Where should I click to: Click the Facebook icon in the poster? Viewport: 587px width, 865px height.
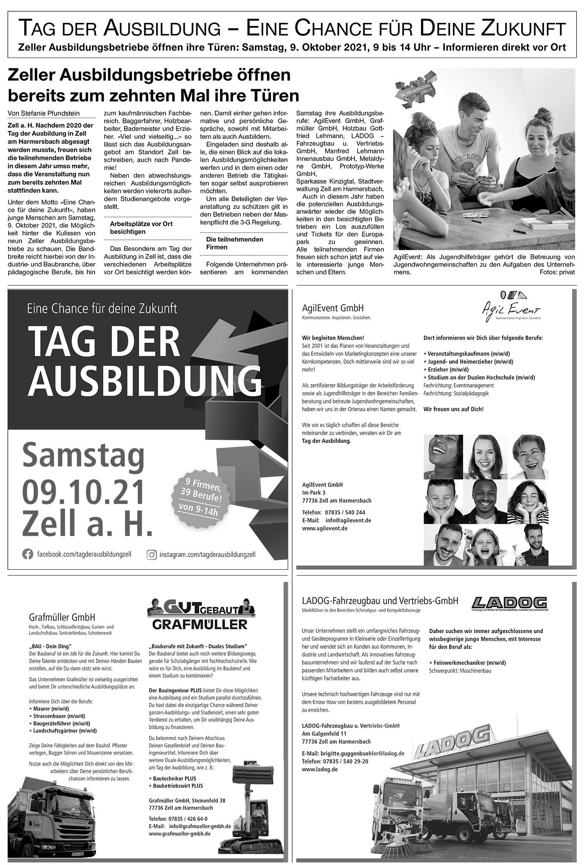[x=27, y=554]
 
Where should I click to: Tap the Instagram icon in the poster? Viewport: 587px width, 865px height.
[x=152, y=554]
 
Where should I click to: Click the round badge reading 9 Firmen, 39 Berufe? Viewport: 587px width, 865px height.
[x=198, y=497]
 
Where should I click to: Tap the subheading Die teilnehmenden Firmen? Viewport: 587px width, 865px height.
[x=234, y=243]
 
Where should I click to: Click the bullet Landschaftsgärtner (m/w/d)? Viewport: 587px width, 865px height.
[x=65, y=730]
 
